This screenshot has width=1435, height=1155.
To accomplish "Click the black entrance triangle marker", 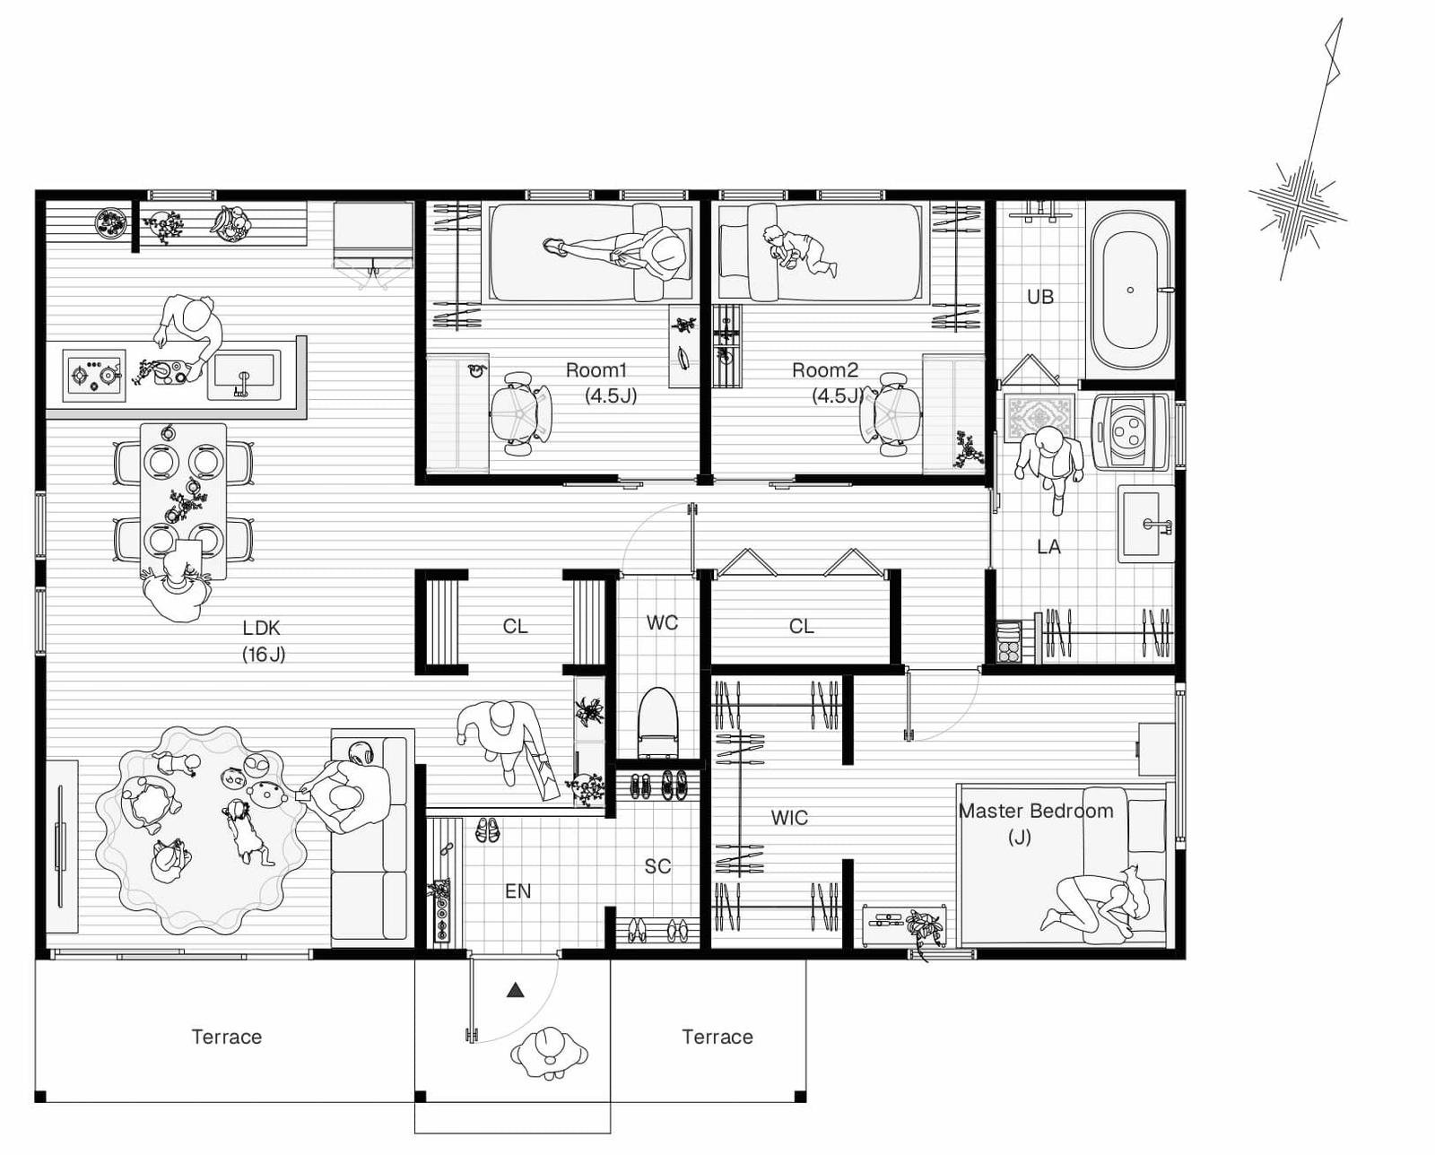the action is [x=515, y=990].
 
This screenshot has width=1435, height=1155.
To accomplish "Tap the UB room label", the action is [x=1040, y=297].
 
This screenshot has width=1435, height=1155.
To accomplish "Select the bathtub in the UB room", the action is [x=1130, y=291].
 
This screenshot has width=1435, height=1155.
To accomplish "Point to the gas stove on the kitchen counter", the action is [x=94, y=376].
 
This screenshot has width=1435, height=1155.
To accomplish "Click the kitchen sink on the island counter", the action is [x=244, y=377].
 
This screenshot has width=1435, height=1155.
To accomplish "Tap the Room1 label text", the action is [x=596, y=370].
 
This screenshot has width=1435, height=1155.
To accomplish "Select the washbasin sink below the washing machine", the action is [x=1145, y=524].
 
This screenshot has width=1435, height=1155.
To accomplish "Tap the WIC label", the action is [x=789, y=818].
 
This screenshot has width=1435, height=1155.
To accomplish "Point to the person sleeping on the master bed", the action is [x=1092, y=901].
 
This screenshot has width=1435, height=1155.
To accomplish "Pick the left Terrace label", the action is [x=227, y=1037].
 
